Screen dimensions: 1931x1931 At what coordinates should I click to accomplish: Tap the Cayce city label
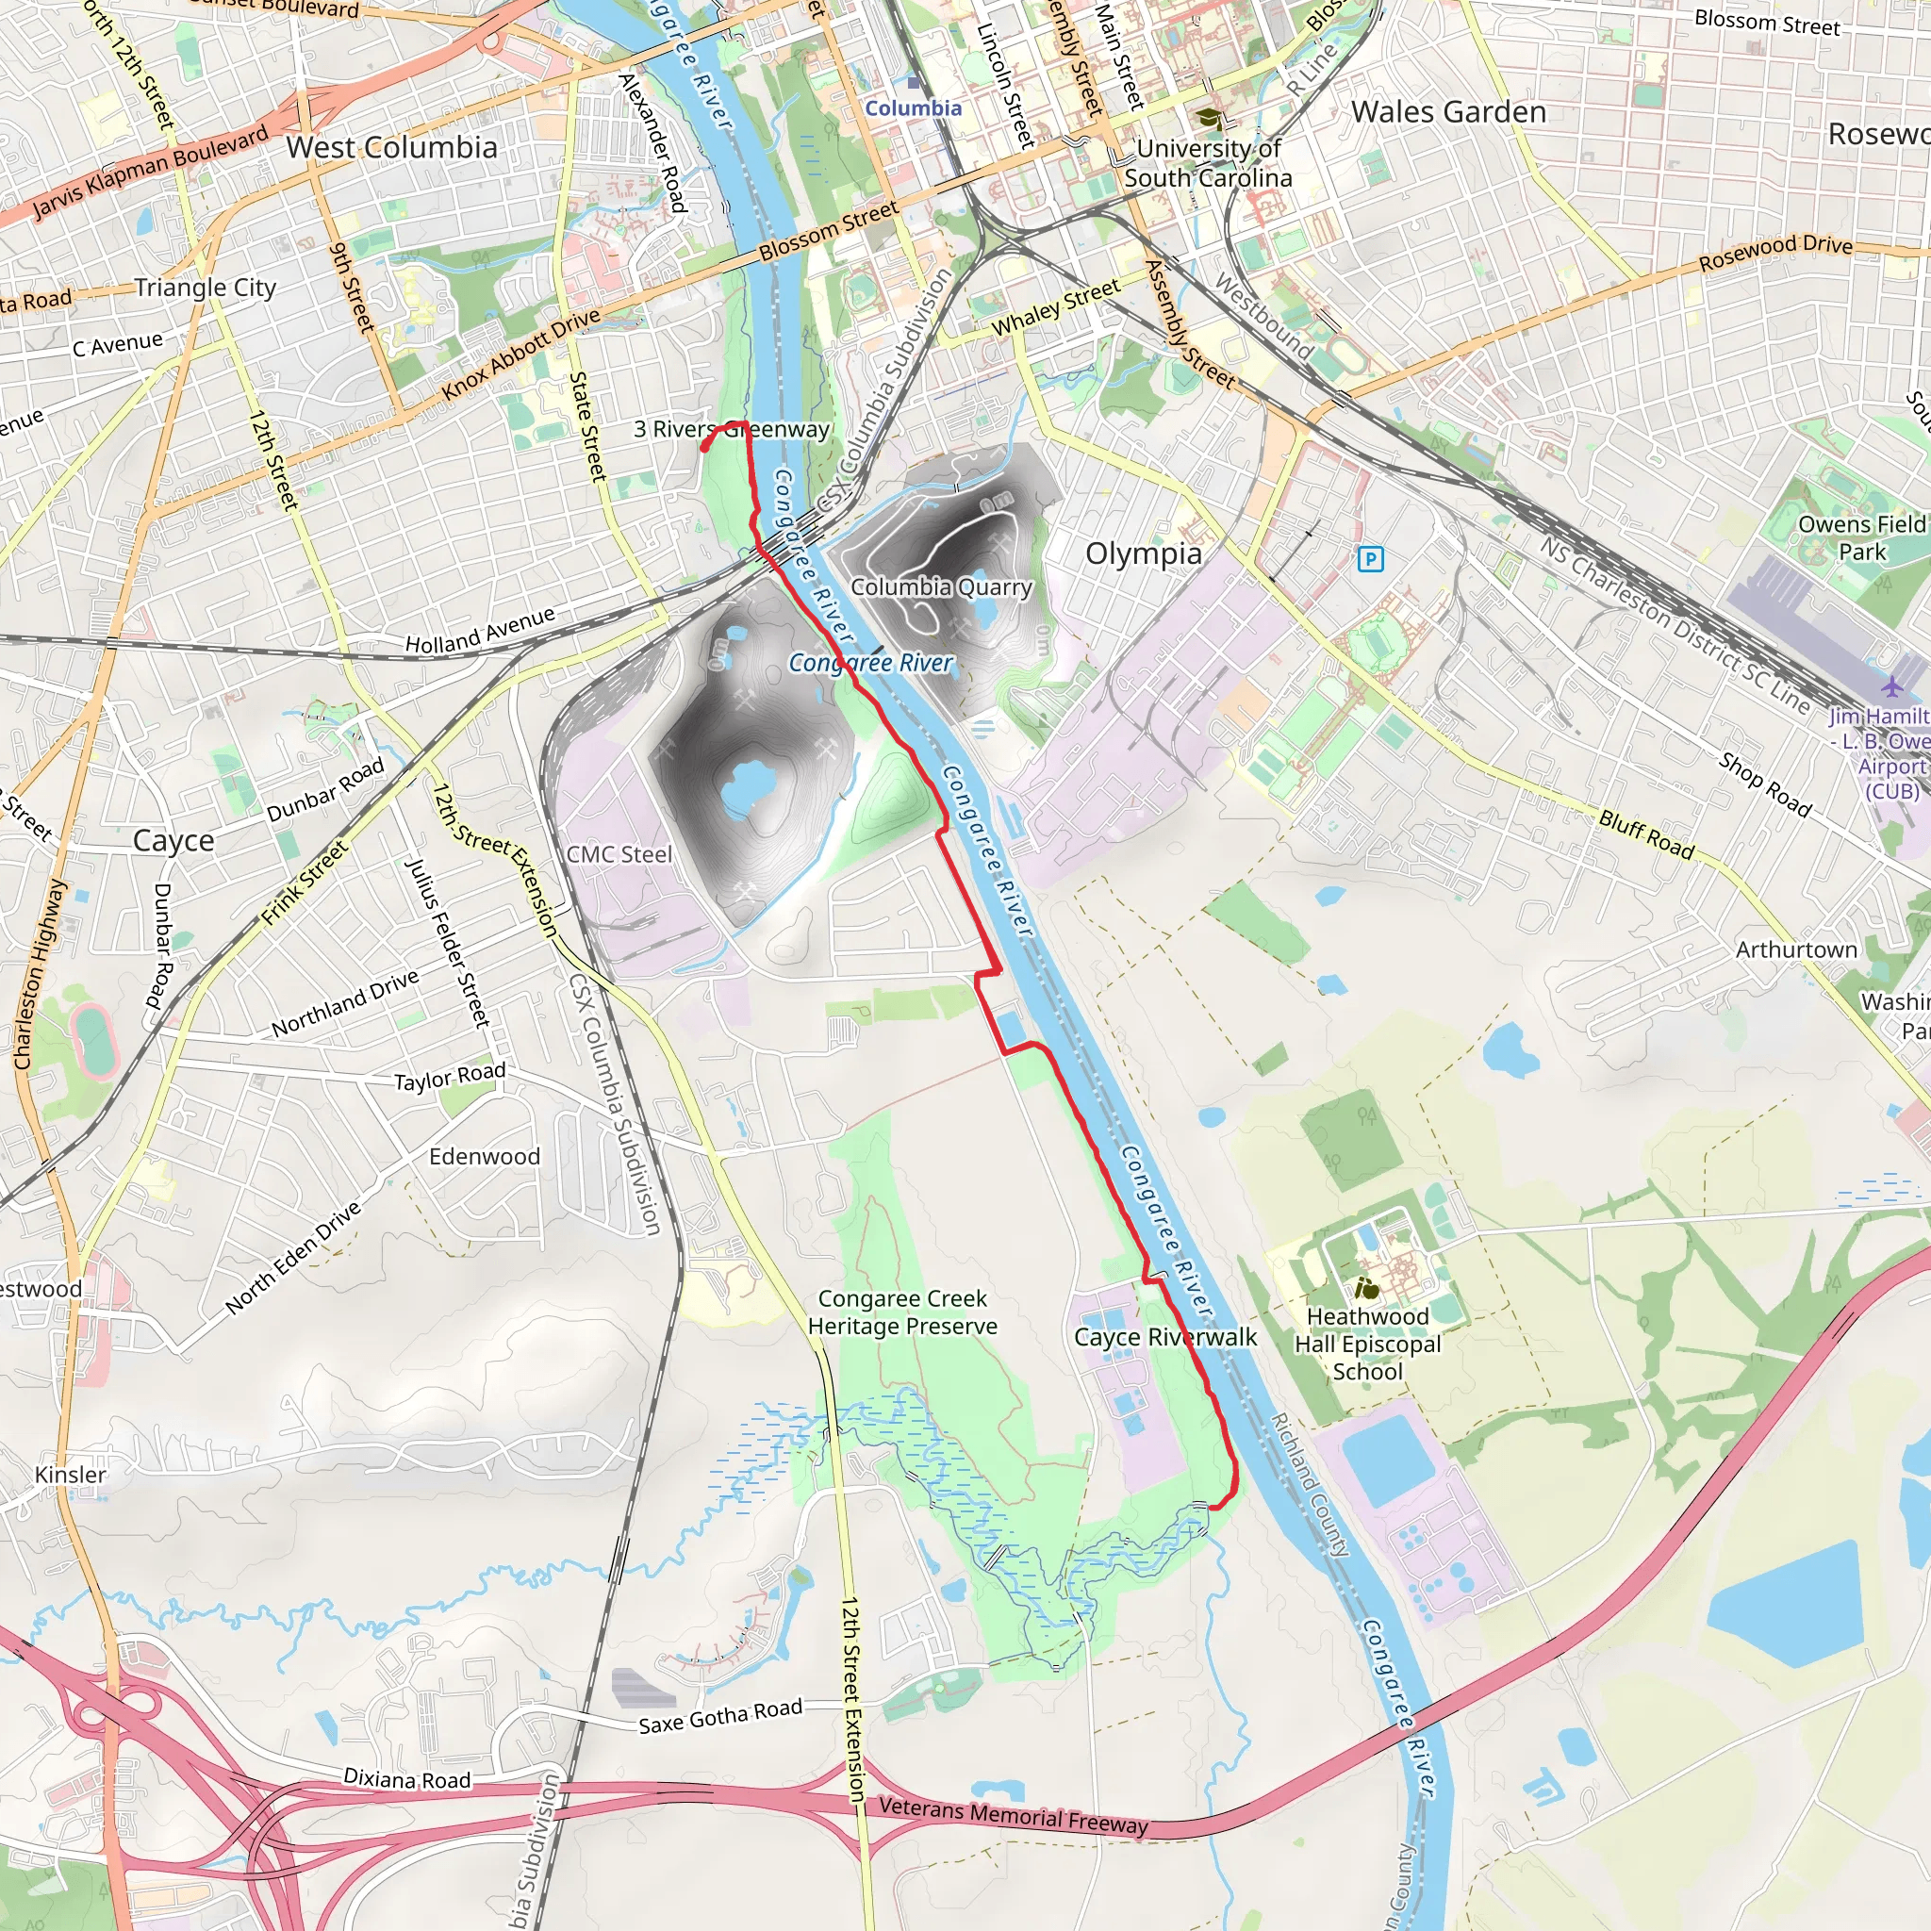pos(173,840)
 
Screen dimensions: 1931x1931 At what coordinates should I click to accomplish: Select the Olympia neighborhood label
pos(1144,553)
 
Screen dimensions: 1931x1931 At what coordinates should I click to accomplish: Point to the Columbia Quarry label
pos(940,586)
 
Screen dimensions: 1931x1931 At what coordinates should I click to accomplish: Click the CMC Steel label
pos(619,854)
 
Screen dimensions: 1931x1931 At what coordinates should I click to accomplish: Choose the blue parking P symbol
pos(1371,559)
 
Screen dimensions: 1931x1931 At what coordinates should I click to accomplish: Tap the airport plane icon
pos(1891,687)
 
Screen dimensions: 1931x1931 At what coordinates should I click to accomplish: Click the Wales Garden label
pos(1448,112)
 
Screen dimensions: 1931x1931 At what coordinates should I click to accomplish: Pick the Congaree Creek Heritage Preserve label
pos(902,1312)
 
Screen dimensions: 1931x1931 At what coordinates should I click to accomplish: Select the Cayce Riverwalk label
pos(1165,1337)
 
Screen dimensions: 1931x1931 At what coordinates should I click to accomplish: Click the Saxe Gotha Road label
pos(719,1716)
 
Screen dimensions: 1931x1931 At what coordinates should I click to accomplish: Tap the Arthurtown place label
pos(1796,949)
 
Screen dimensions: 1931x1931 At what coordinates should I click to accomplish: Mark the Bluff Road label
pos(1646,834)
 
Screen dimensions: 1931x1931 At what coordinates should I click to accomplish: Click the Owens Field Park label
pos(1861,537)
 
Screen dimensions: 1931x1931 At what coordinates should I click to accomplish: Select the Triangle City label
pos(205,288)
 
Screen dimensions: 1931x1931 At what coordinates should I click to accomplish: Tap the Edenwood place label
pos(484,1156)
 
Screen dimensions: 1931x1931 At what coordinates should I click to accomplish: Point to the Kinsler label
pos(70,1475)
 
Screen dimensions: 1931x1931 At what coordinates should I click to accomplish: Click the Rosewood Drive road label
pos(1775,252)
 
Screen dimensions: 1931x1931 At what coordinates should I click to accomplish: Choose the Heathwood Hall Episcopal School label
pos(1367,1345)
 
